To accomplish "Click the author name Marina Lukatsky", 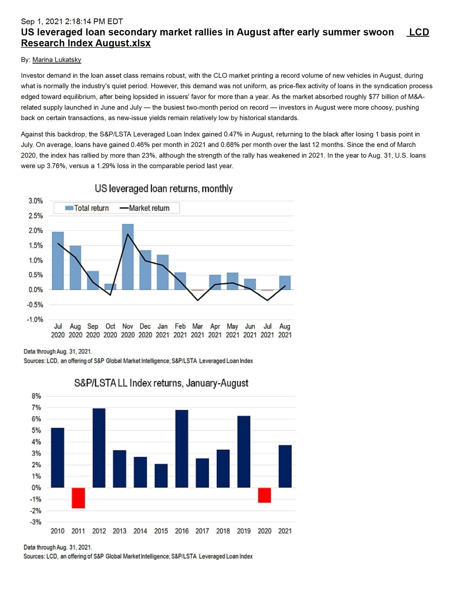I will [57, 60].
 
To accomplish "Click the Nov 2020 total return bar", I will [128, 257].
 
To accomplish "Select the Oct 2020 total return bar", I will [110, 287].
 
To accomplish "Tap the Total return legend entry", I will [87, 208].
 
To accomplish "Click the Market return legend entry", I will [145, 208].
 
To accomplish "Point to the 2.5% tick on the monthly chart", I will [36, 216].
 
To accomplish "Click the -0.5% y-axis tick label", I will [35, 305].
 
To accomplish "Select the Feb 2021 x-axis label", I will [180, 331].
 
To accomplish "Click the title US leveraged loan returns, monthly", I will [164, 188].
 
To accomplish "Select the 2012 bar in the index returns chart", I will [99, 448].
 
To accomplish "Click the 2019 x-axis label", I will [243, 531].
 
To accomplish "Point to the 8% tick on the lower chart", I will [36, 396].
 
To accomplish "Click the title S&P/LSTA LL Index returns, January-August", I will [161, 383].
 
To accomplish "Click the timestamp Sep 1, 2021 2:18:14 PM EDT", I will [72, 21].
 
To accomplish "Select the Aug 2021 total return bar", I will [285, 283].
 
